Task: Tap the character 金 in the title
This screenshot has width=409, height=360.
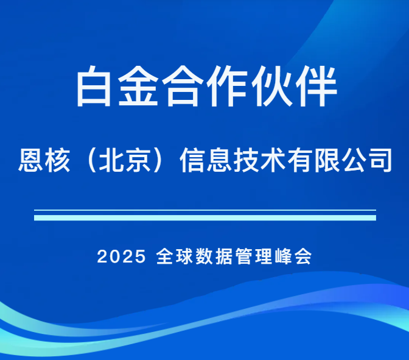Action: click(x=141, y=87)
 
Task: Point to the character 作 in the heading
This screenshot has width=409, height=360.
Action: click(x=227, y=87)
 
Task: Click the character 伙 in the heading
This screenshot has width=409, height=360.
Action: click(x=271, y=87)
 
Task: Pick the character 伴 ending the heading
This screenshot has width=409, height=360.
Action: click(x=315, y=87)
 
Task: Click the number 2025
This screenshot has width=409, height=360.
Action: click(x=122, y=256)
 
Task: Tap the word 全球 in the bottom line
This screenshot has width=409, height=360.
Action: click(x=174, y=256)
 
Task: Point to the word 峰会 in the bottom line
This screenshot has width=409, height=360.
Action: click(x=293, y=256)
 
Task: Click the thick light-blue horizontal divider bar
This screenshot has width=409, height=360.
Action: click(x=205, y=217)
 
